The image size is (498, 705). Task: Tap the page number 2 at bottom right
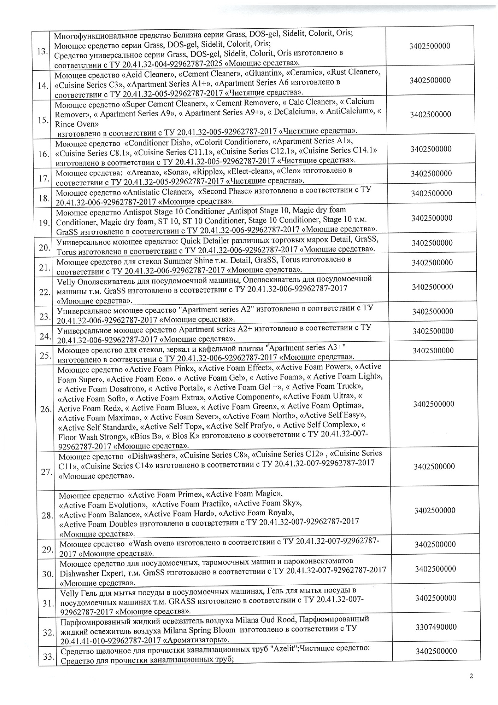point(471,676)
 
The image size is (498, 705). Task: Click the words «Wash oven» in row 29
point(152,544)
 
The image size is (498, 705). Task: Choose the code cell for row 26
point(433,404)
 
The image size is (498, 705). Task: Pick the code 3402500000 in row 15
point(431,115)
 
